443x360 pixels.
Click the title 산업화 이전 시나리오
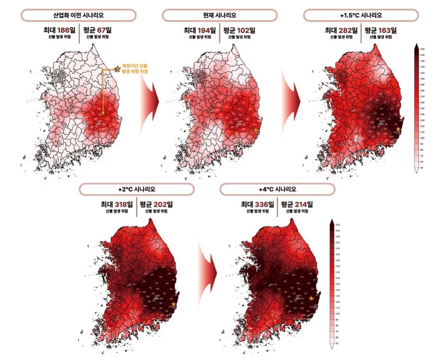(x=79, y=16)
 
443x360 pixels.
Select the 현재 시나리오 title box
(x=219, y=16)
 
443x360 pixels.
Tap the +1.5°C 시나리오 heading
(x=361, y=16)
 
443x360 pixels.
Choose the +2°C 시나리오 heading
(x=136, y=189)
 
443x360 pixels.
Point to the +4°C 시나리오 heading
(x=277, y=189)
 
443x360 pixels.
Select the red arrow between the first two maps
(x=151, y=101)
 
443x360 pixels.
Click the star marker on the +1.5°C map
(x=398, y=129)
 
